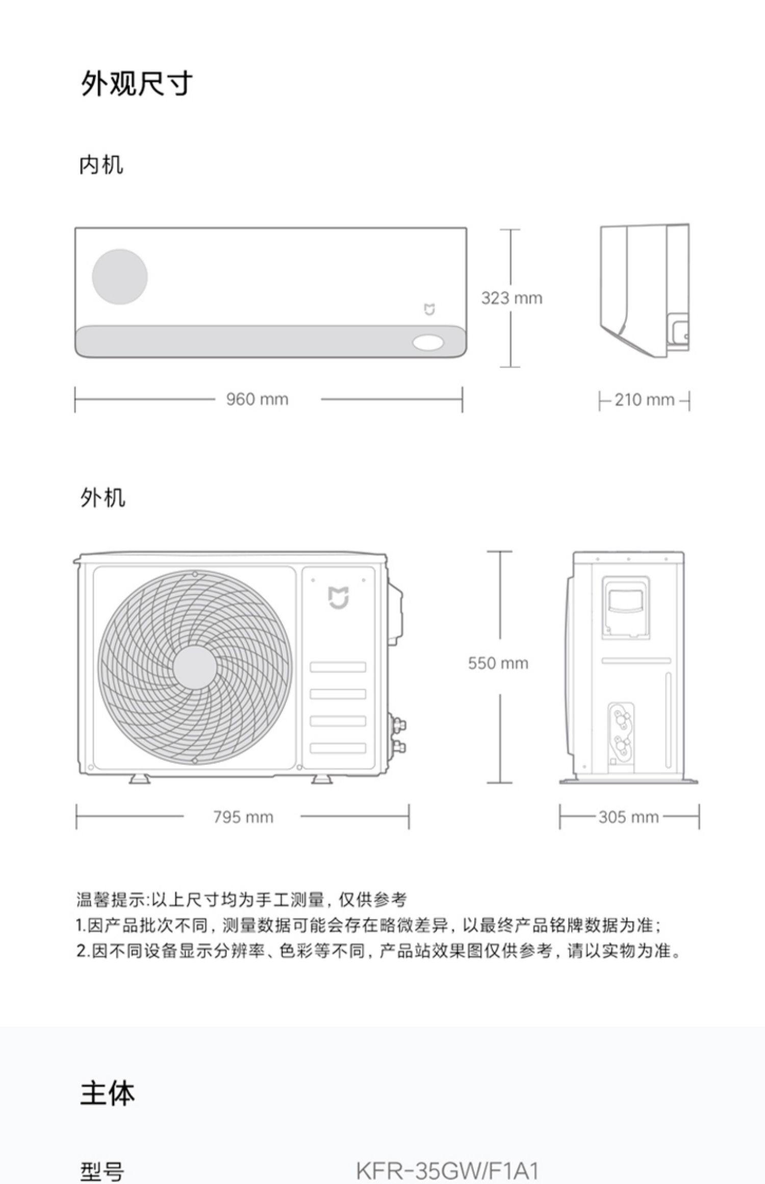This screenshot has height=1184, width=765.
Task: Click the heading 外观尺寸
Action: pyautogui.click(x=137, y=83)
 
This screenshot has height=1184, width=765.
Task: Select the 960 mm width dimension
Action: pyautogui.click(x=257, y=399)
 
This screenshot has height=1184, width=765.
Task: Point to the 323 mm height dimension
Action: pyautogui.click(x=512, y=298)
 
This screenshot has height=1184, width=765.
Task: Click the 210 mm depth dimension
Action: pyautogui.click(x=644, y=400)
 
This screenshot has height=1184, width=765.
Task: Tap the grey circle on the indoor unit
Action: pyautogui.click(x=120, y=276)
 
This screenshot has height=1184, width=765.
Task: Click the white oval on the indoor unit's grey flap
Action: pyautogui.click(x=428, y=343)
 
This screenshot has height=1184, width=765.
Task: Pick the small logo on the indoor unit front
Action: pyautogui.click(x=430, y=309)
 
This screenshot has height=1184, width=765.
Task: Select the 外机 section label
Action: pyautogui.click(x=102, y=498)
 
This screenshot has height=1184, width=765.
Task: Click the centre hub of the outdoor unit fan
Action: pyautogui.click(x=195, y=667)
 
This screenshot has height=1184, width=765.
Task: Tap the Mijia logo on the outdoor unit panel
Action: pyautogui.click(x=338, y=597)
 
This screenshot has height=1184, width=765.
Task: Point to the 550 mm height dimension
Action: pyautogui.click(x=498, y=663)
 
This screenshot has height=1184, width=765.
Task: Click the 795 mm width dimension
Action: pyautogui.click(x=243, y=817)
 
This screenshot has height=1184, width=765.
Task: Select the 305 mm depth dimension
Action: pyautogui.click(x=628, y=817)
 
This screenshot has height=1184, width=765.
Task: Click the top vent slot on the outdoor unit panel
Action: pyautogui.click(x=338, y=667)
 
